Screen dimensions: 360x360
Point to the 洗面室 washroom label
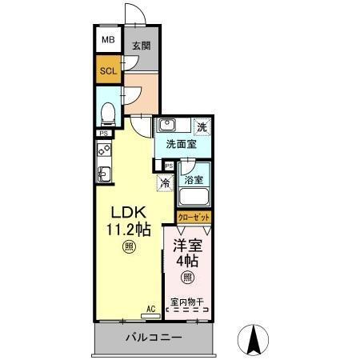(181, 145)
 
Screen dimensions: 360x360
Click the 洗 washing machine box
(202, 126)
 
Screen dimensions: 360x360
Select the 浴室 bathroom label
(194, 181)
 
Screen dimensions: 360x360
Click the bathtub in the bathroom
(194, 200)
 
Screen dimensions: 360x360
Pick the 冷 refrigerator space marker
(165, 183)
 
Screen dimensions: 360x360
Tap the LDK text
(127, 213)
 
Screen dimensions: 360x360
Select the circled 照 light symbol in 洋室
(188, 278)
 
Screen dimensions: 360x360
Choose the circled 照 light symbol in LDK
(129, 248)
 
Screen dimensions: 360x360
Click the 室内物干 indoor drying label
(188, 302)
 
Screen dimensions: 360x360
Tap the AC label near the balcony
(150, 309)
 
